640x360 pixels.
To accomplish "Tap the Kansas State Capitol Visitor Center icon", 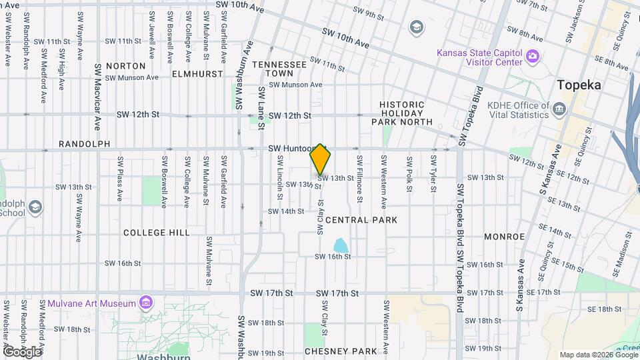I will (532, 56).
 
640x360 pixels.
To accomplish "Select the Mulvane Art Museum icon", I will (146, 304).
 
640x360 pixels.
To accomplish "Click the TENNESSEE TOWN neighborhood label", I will (279, 69).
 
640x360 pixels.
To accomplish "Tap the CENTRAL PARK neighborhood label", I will (361, 220).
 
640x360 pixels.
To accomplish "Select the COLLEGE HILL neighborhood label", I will (157, 233).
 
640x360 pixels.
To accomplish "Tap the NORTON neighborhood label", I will (125, 66).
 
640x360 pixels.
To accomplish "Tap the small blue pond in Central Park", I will (341, 246).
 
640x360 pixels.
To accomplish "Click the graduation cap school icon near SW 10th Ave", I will (417, 27).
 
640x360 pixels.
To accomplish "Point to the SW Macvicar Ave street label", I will (97, 97).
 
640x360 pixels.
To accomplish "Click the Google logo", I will (22, 351).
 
